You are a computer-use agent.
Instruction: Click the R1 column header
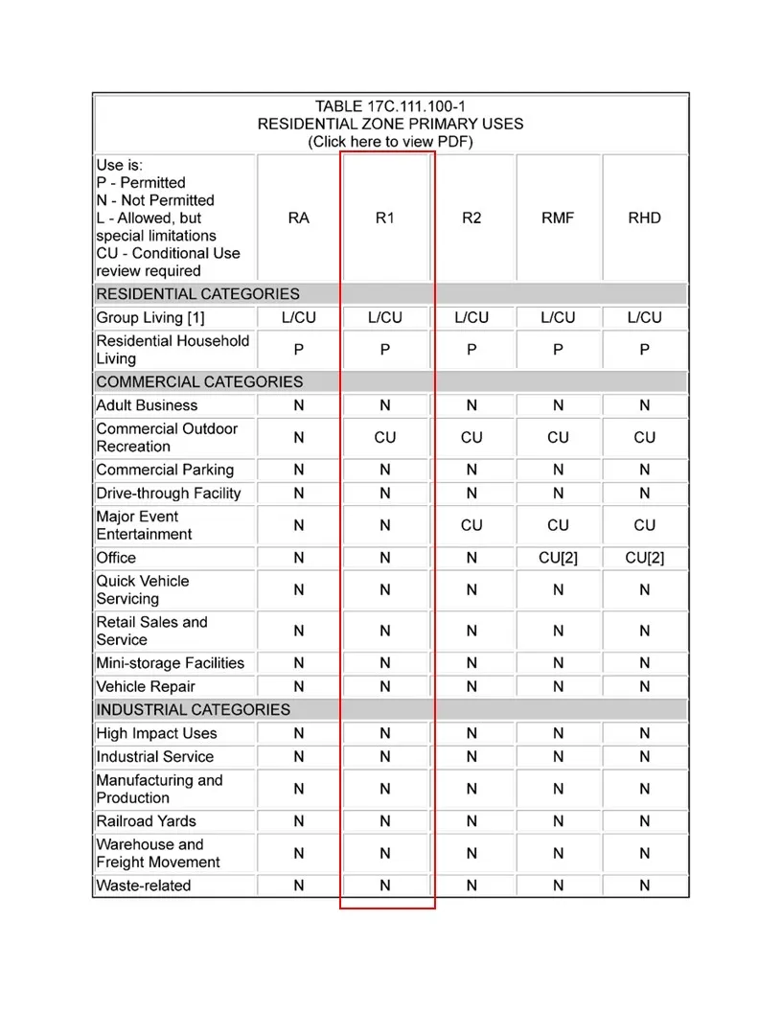[x=384, y=218]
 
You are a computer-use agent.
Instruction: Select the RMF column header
[x=558, y=218]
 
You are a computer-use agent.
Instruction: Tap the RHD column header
[x=644, y=218]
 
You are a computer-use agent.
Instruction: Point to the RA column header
[x=298, y=218]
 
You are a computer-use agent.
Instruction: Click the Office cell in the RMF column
[x=558, y=558]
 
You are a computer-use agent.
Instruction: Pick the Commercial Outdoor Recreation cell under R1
[x=384, y=438]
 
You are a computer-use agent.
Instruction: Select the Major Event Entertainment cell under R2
[x=471, y=525]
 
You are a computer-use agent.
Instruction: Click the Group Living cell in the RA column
[x=298, y=318]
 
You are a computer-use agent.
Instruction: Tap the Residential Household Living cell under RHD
[x=644, y=351]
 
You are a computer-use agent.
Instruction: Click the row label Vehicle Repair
[x=146, y=687]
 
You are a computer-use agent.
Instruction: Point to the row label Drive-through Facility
[x=169, y=494]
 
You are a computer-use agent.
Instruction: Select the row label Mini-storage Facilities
[x=171, y=663]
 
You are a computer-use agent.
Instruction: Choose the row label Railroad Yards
[x=146, y=821]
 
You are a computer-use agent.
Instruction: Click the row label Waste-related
[x=144, y=886]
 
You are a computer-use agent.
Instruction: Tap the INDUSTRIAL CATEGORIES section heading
[x=193, y=710]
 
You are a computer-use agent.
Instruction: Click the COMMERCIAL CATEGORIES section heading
[x=199, y=382]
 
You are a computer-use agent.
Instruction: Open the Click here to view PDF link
[x=390, y=142]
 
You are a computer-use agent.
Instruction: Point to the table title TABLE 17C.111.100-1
[x=390, y=106]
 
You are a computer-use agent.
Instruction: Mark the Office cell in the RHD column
[x=644, y=558]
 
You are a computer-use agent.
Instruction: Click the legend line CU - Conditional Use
[x=168, y=254]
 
